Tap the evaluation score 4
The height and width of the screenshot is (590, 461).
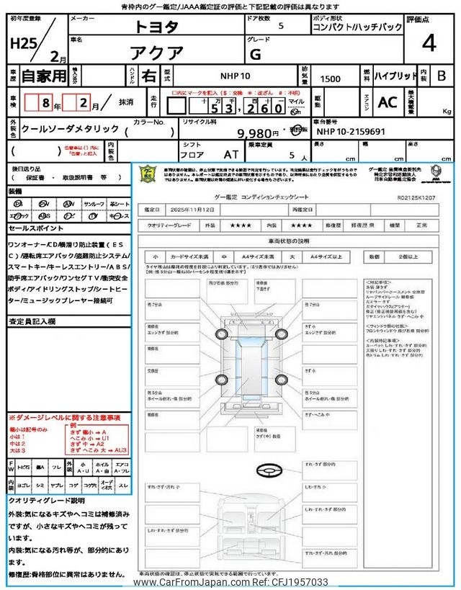click(429, 43)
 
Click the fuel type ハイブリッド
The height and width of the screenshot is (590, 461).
click(395, 75)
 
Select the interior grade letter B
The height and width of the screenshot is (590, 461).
click(442, 76)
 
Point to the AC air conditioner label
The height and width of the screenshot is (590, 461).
click(387, 102)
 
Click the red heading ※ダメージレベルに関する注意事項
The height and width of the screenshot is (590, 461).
click(64, 418)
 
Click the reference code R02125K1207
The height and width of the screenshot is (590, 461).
click(417, 195)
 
